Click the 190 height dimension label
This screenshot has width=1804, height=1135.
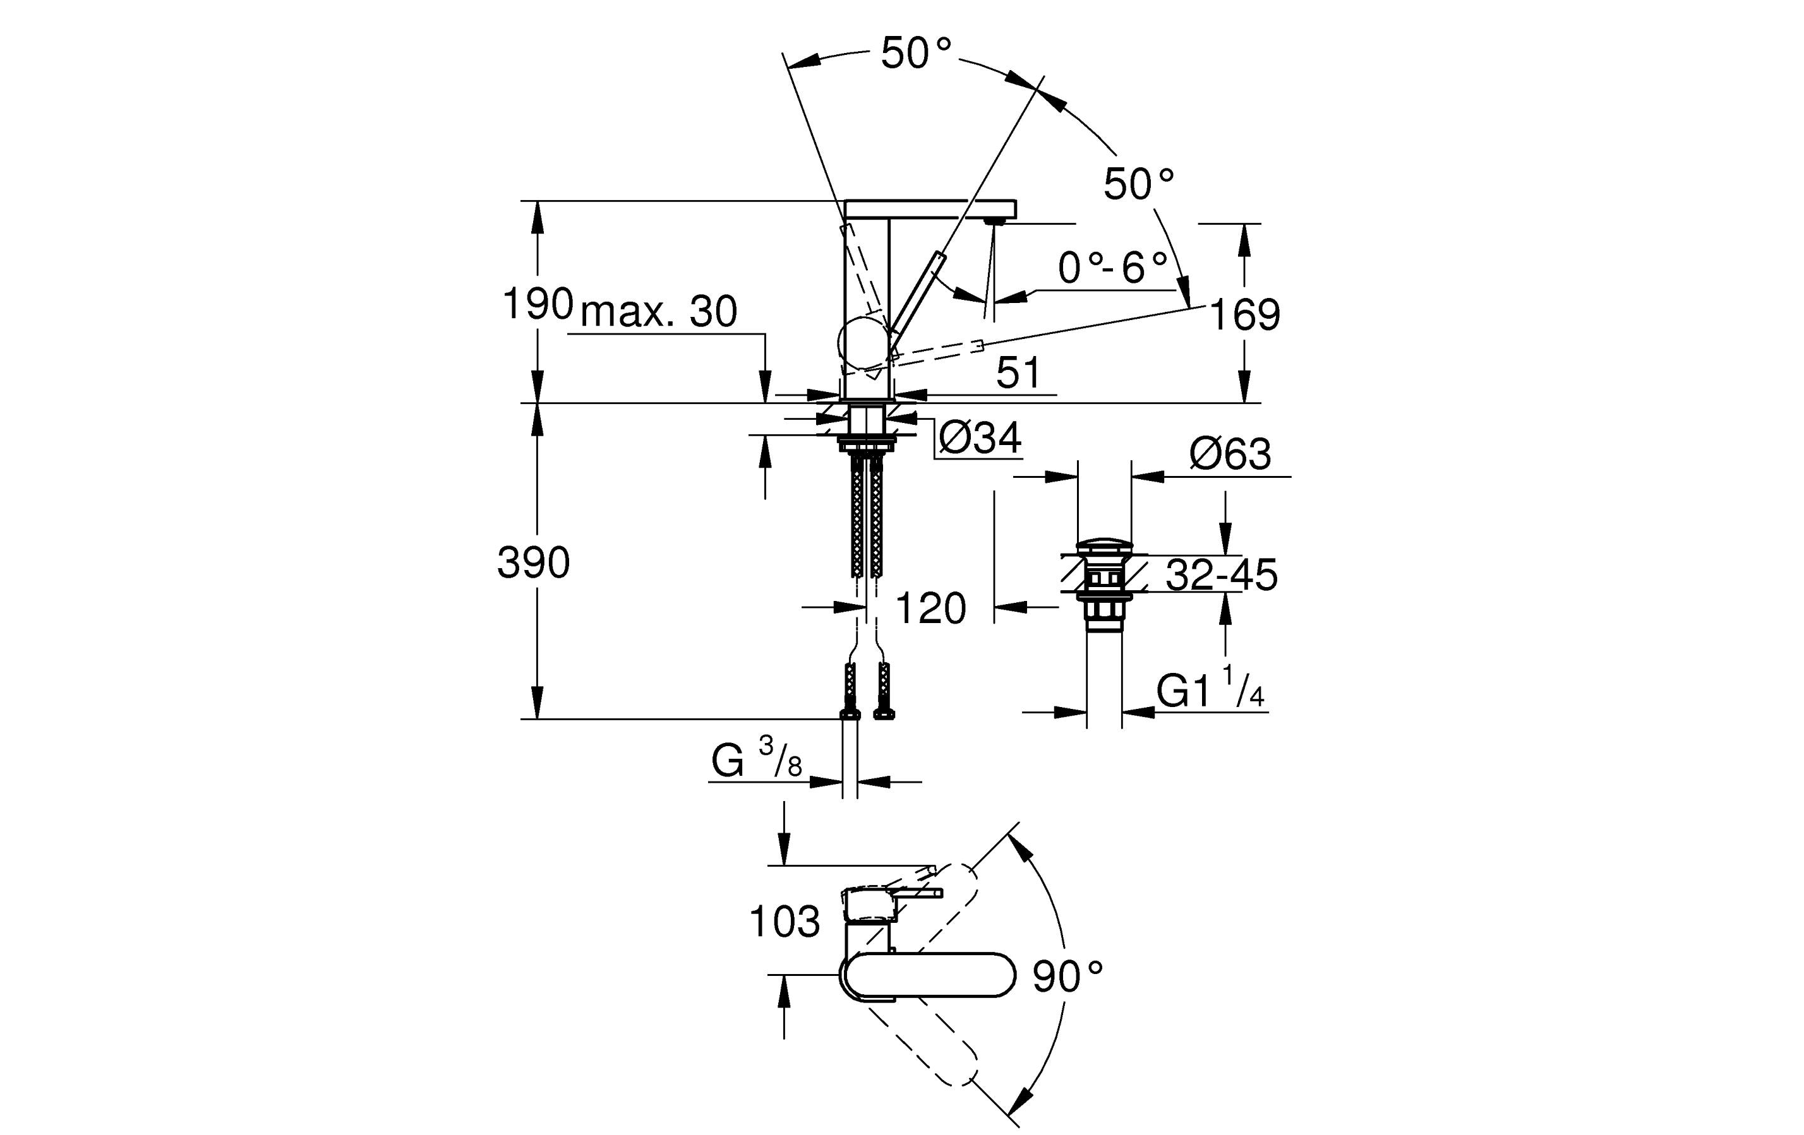pyautogui.click(x=537, y=304)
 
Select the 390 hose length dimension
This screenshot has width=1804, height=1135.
pyautogui.click(x=533, y=562)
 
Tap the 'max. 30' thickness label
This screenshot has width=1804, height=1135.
pyautogui.click(x=659, y=311)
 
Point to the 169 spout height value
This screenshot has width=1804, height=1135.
pyautogui.click(x=1244, y=314)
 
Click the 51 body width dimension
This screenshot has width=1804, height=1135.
pyautogui.click(x=1018, y=372)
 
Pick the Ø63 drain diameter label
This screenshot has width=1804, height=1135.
pyautogui.click(x=1230, y=454)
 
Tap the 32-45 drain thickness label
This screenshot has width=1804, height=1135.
pyautogui.click(x=1222, y=575)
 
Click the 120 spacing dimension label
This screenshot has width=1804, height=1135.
pyautogui.click(x=930, y=608)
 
